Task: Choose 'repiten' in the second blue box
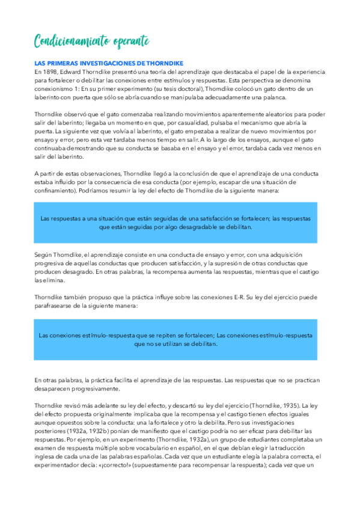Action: click(155, 336)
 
